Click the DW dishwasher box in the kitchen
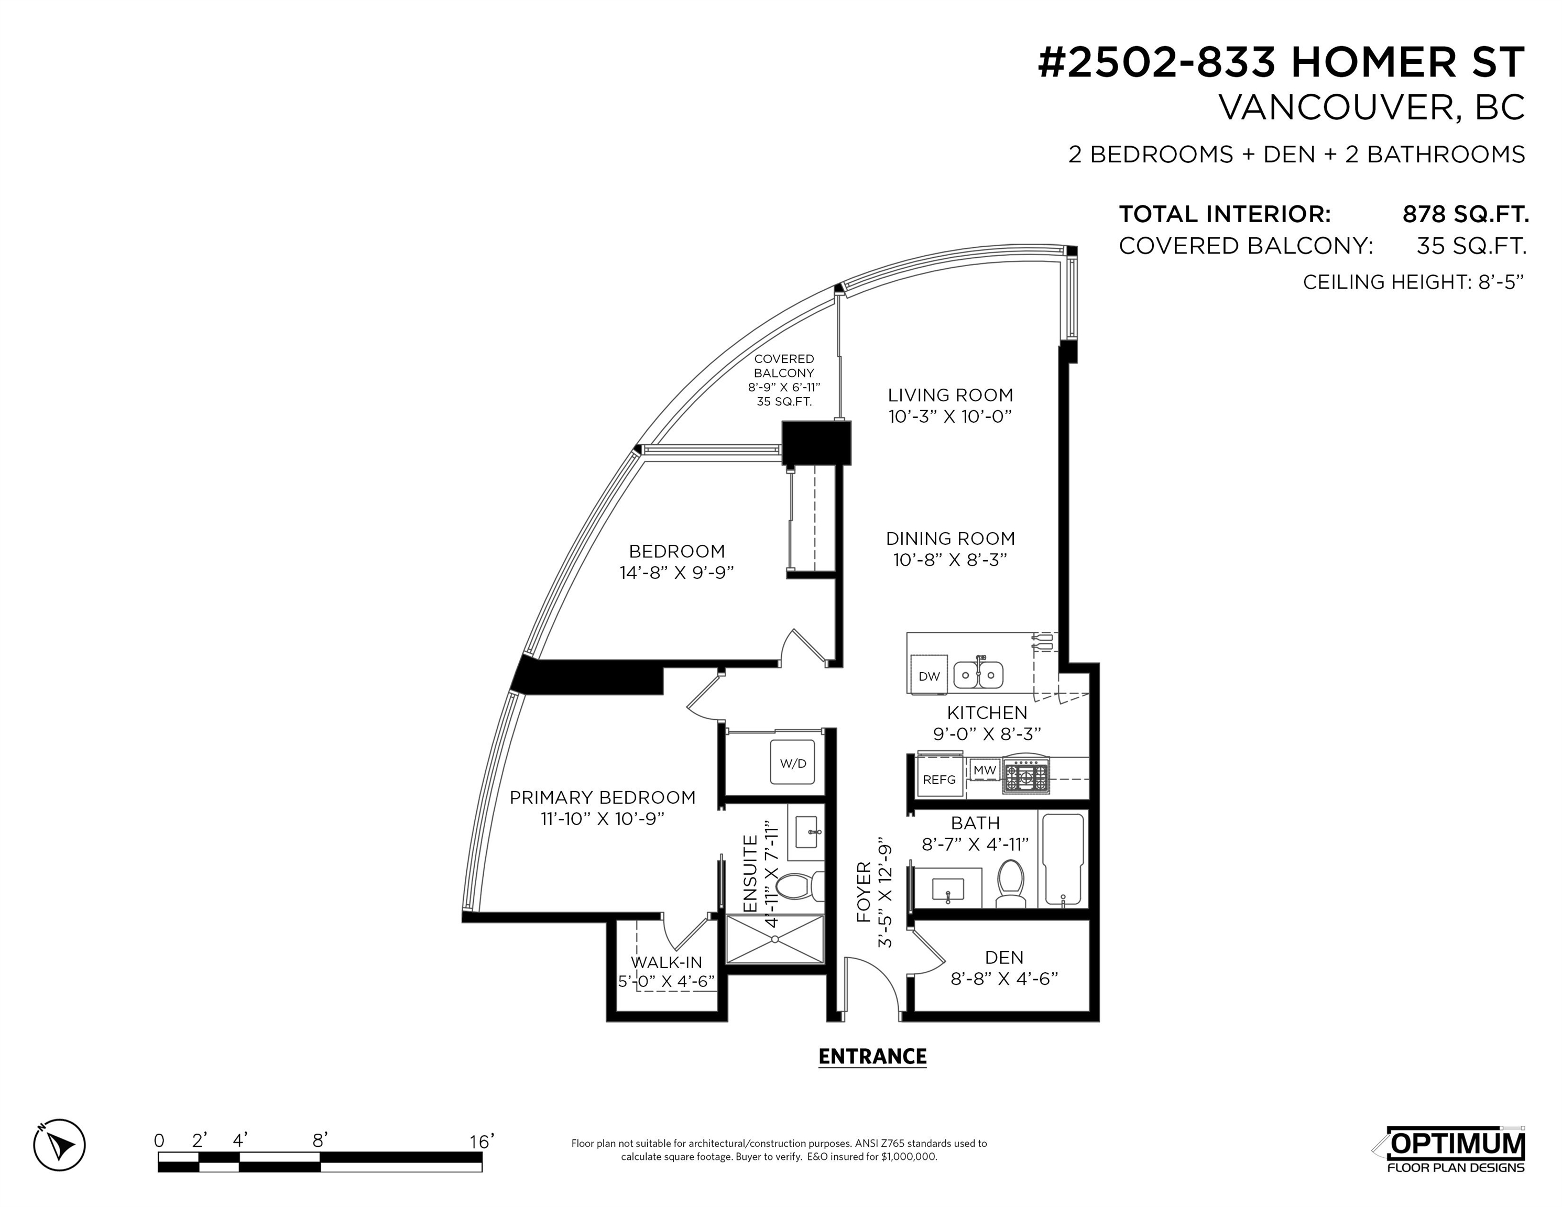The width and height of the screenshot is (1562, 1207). pos(929,674)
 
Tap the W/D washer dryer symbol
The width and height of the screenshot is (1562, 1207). pos(792,762)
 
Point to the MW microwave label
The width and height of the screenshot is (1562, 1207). pos(985,770)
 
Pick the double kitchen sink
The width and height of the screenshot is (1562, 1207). pos(978,674)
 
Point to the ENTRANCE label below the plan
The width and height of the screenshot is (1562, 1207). pos(872,1056)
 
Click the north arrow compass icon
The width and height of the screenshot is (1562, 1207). pos(59,1145)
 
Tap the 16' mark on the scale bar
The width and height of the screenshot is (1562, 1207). pos(482,1141)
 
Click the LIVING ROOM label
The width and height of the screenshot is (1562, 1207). pos(951,394)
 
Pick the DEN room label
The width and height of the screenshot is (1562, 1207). pos(1004,958)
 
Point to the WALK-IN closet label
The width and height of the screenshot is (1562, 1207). pos(667,962)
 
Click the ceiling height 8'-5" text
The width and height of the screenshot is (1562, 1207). pos(1413,282)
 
